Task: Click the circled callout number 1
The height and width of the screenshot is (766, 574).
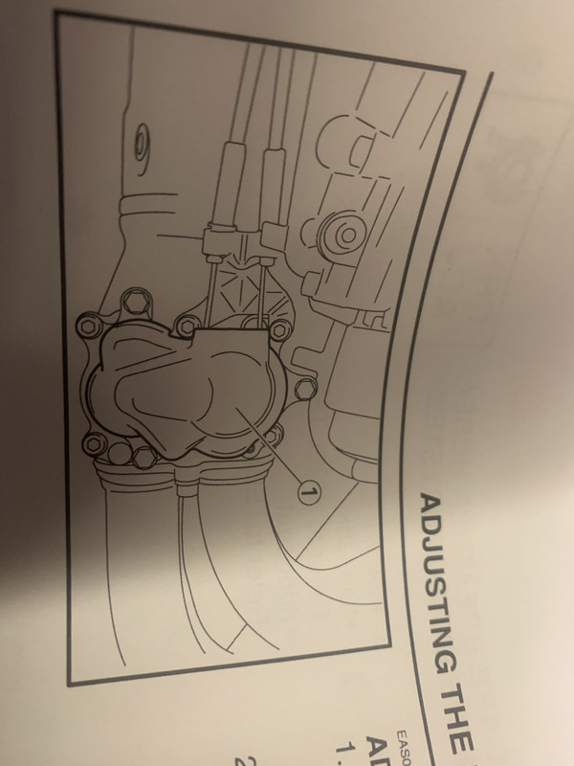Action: coord(308,491)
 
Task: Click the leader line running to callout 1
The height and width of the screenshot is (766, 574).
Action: coord(273,454)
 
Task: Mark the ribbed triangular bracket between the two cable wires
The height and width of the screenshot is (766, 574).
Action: coord(234,287)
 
